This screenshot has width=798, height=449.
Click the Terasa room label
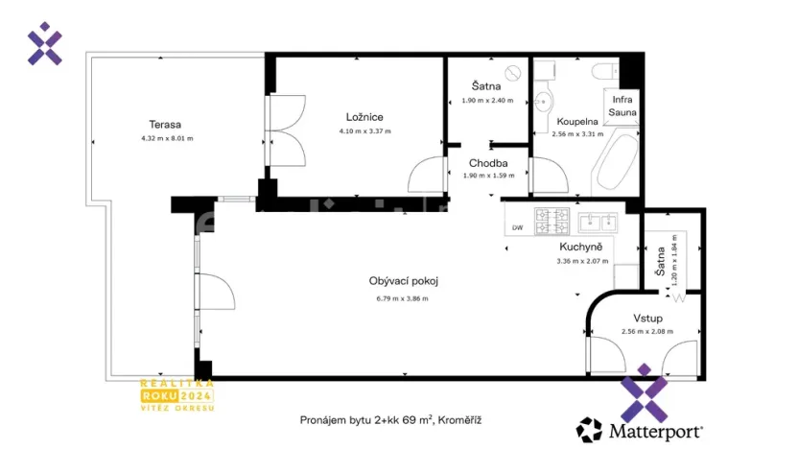165,124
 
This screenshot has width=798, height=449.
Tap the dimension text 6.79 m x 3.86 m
402,297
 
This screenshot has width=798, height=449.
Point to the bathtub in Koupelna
615,162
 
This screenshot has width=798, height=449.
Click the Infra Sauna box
622,106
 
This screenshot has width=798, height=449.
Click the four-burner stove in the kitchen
552,222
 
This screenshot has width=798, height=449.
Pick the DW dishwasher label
517,227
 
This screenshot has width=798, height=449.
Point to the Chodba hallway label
487,163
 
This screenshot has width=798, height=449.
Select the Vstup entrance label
647,318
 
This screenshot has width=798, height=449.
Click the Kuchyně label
581,246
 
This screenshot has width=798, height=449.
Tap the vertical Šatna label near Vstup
660,260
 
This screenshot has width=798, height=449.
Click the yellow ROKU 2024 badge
176,394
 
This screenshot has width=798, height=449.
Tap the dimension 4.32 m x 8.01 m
166,138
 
